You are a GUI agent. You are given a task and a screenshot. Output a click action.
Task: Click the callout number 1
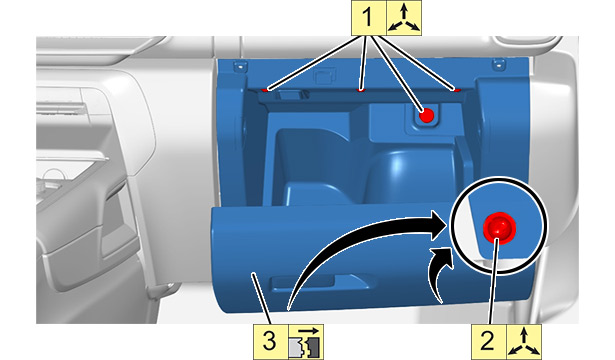(367, 18)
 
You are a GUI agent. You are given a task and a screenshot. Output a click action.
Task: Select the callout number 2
(488, 341)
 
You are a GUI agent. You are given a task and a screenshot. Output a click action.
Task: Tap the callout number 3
(269, 341)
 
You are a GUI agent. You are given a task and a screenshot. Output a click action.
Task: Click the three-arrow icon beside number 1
(404, 18)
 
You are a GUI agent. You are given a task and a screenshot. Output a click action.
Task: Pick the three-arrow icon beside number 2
(524, 342)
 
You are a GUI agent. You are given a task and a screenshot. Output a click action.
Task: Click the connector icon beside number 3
(306, 342)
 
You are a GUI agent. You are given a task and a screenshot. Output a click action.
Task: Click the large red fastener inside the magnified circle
(499, 228)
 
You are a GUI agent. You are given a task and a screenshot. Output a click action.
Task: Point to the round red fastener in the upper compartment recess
(426, 115)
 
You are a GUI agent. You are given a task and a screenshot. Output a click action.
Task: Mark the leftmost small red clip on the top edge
(266, 90)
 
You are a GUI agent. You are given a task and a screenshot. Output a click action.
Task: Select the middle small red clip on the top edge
(361, 90)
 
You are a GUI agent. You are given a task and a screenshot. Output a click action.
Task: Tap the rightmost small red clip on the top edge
(457, 90)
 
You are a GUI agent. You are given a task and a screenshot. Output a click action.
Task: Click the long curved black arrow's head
(439, 225)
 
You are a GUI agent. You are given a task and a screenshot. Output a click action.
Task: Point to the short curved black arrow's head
(443, 257)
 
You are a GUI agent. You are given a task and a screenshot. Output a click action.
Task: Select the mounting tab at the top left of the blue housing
(238, 66)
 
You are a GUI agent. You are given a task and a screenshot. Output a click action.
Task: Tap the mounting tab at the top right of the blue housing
(499, 64)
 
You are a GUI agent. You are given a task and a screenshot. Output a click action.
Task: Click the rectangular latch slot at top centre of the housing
(326, 76)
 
